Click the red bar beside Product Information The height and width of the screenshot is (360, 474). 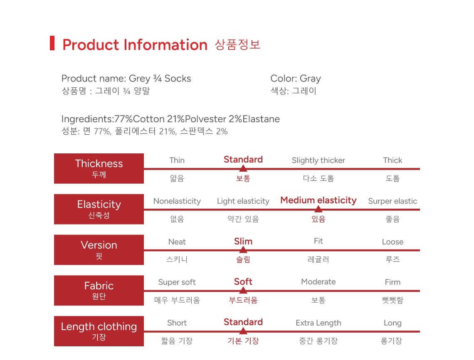click(52, 43)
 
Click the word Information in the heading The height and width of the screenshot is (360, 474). click(165, 45)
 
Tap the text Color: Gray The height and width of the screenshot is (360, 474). click(295, 79)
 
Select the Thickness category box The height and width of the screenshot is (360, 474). click(99, 168)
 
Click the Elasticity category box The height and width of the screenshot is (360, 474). click(99, 209)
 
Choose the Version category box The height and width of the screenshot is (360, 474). click(99, 250)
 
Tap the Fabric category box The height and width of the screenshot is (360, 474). click(99, 290)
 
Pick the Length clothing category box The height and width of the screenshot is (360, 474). click(99, 331)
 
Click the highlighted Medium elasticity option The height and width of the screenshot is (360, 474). click(318, 200)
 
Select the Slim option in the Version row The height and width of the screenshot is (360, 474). click(243, 241)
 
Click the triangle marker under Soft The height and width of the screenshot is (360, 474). click(243, 290)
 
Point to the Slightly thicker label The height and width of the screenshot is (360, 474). click(318, 160)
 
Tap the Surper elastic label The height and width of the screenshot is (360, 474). click(393, 201)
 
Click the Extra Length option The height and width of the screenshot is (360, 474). click(318, 323)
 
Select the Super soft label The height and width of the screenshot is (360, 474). click(177, 282)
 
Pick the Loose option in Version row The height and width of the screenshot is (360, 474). click(393, 242)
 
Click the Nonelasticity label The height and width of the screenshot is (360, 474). click(177, 201)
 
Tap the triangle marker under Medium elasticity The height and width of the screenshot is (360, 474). click(318, 209)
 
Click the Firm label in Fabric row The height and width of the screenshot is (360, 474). click(393, 282)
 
